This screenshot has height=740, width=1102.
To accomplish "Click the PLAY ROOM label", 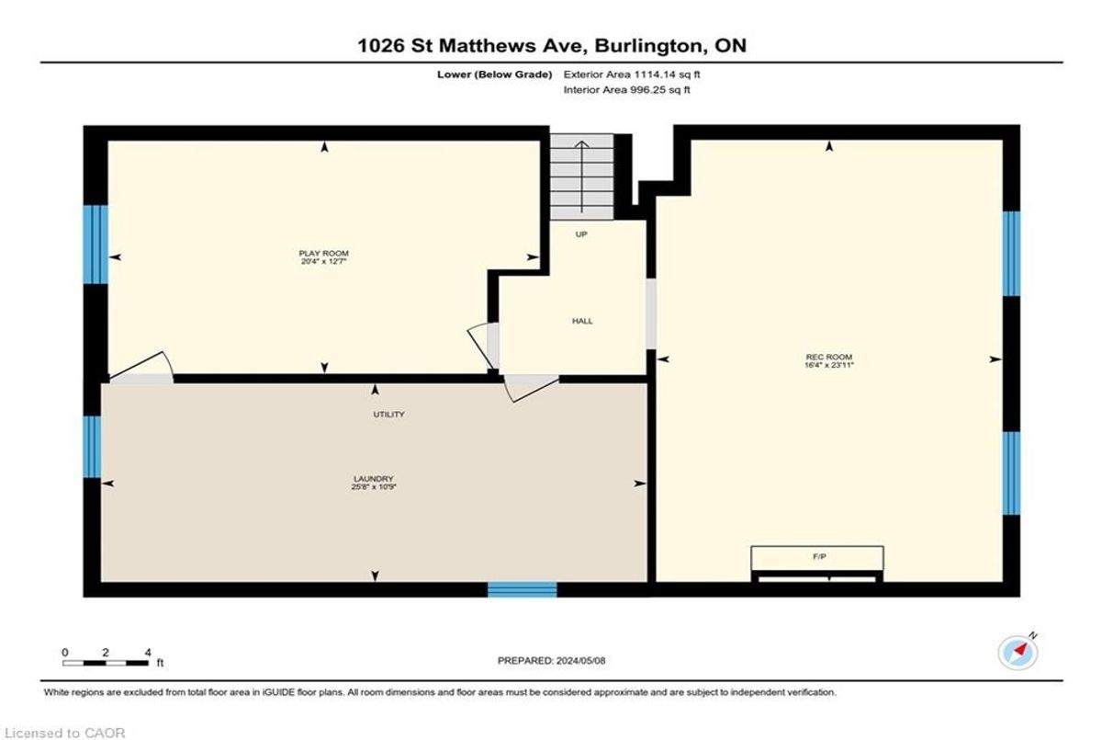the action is [323, 253].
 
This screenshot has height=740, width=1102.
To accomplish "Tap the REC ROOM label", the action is [829, 357].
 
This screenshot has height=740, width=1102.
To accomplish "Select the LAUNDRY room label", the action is [374, 479].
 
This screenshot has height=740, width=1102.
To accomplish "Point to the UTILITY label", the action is [388, 415].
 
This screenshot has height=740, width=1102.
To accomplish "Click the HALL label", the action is [582, 321].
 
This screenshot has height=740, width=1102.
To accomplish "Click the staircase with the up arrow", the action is [582, 176].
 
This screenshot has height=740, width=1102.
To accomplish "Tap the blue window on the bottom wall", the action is [522, 589].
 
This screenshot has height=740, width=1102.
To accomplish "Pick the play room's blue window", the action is [96, 245].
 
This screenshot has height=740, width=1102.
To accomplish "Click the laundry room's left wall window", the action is [92, 447].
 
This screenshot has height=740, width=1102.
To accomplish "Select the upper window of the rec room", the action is [1011, 254].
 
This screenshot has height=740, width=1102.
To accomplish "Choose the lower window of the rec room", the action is [1011, 473].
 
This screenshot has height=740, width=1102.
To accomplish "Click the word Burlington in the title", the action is [649, 46].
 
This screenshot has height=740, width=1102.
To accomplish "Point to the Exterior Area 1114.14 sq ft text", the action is [632, 74].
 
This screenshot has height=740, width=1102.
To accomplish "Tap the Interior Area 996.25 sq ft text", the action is [626, 89].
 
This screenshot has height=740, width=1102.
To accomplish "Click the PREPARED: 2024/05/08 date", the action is [552, 661].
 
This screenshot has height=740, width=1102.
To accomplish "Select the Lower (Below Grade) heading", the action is [494, 74].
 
